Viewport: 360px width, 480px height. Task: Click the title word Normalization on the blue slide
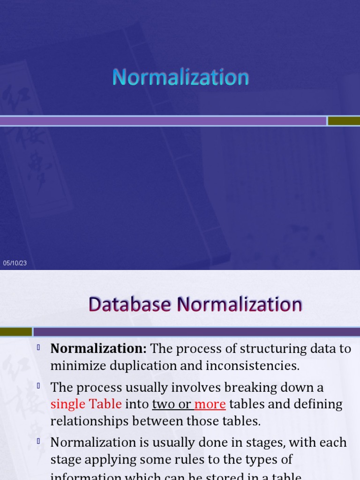point(180,77)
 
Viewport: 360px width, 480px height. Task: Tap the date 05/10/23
point(15,263)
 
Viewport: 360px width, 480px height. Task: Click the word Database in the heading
point(130,305)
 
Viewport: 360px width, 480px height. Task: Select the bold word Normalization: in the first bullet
point(99,349)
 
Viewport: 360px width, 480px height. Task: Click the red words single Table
point(86,404)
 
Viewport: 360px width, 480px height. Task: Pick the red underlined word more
point(210,404)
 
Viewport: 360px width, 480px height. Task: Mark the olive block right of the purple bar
point(344,121)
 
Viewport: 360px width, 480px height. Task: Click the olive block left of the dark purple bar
point(16,332)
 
